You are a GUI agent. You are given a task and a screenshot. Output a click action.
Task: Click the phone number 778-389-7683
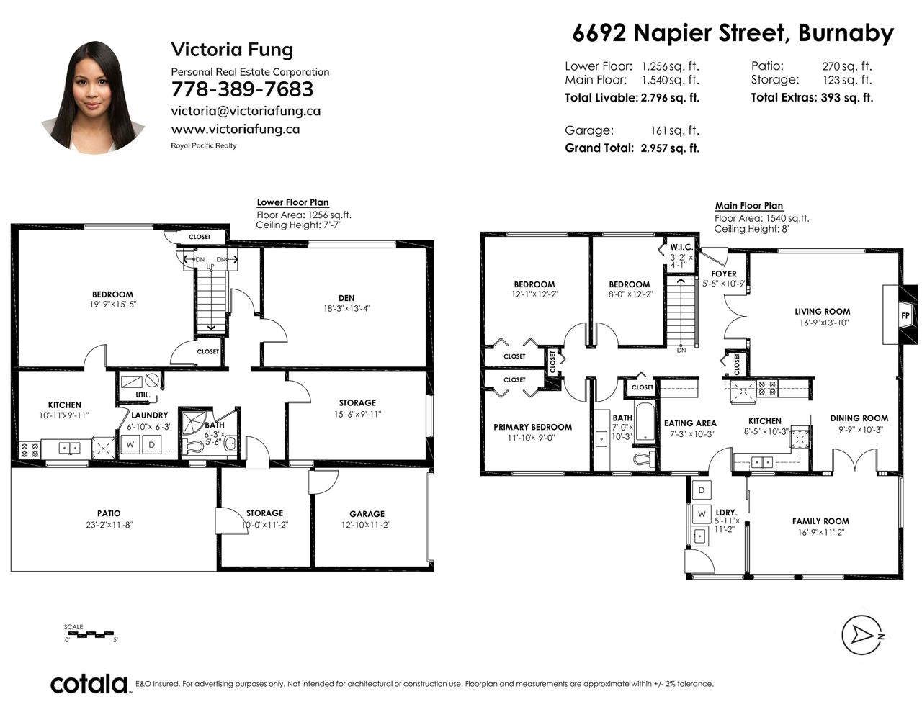242,89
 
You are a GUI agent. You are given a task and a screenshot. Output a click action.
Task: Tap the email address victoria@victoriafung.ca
246,111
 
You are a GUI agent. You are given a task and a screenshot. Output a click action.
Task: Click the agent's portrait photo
94,97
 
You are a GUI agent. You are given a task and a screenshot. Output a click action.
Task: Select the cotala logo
89,684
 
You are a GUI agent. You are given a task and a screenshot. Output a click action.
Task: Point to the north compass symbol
863,635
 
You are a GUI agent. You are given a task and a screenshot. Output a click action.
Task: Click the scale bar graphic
91,635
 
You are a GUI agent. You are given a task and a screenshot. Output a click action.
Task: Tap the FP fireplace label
905,316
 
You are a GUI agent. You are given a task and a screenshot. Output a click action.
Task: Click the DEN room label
346,298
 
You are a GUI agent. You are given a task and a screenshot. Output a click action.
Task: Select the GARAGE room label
367,513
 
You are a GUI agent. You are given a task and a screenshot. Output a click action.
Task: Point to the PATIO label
109,513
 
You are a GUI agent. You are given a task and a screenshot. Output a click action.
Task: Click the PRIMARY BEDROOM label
532,427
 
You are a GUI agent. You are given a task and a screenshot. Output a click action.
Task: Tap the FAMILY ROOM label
820,521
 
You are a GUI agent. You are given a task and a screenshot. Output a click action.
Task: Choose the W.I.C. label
681,247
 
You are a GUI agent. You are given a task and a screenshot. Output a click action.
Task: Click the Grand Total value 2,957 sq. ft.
670,148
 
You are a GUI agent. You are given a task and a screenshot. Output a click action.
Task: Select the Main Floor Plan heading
749,206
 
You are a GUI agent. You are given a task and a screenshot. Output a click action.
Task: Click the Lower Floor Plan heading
292,203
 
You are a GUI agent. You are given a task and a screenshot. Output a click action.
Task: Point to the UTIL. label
143,395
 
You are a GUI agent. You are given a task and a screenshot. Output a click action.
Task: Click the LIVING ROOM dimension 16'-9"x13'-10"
824,323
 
